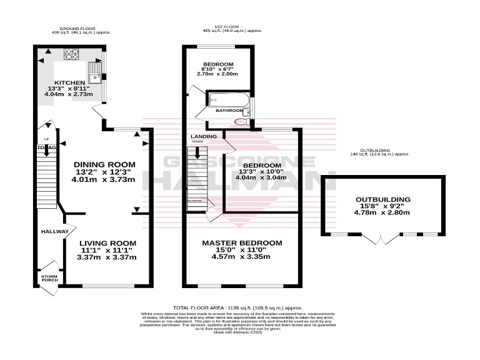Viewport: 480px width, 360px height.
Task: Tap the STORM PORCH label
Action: click(x=49, y=279)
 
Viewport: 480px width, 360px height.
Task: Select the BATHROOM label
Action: click(x=229, y=111)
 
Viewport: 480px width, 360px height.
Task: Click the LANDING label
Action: click(x=204, y=136)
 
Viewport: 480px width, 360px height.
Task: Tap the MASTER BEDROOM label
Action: click(x=241, y=242)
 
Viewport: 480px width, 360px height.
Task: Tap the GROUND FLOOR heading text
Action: click(x=74, y=29)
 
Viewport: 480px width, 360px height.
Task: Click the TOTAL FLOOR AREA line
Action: click(x=237, y=308)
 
